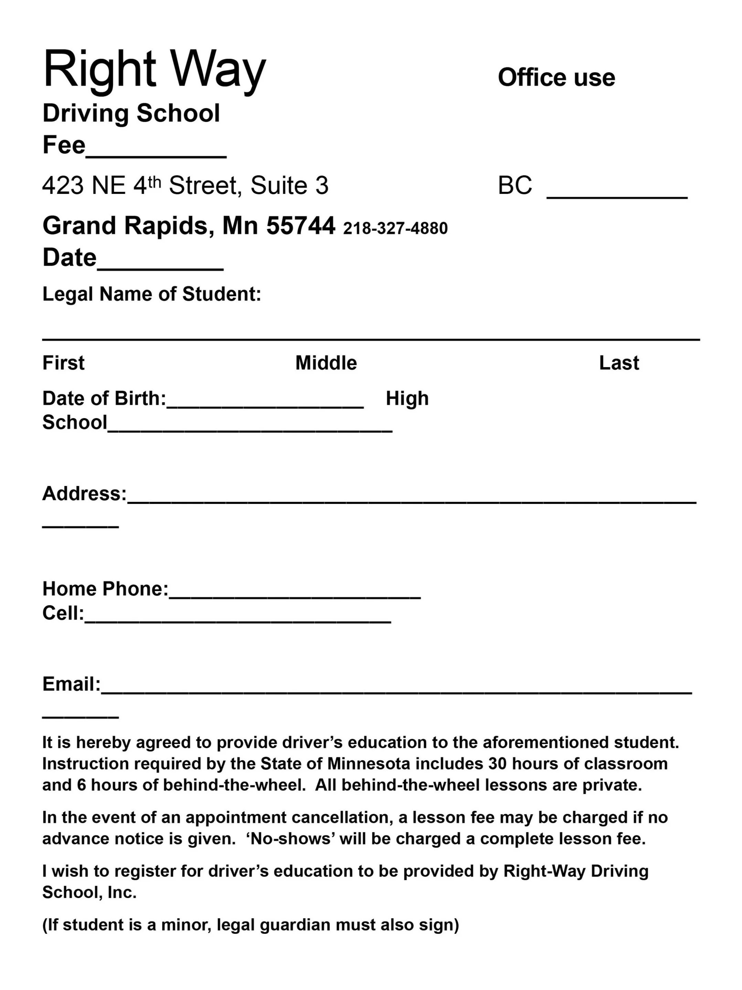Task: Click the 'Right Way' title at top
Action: [154, 69]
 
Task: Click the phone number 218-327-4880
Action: [395, 228]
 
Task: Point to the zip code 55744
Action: [300, 226]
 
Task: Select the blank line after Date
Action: [160, 267]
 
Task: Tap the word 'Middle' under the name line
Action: [326, 363]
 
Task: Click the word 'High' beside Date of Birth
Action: [407, 398]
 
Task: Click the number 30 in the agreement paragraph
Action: [497, 764]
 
